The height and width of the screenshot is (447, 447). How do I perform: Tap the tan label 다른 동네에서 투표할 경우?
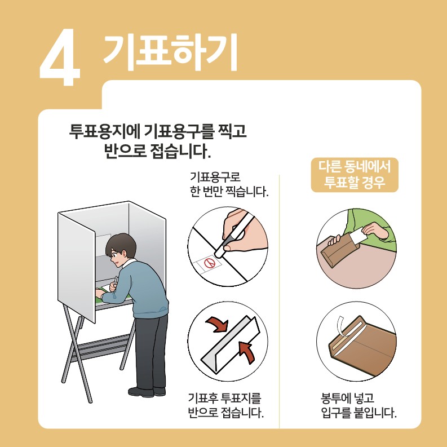click(355, 175)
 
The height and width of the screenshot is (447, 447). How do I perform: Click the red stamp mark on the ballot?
click(209, 262)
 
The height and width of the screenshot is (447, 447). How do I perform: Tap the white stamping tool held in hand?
click(236, 231)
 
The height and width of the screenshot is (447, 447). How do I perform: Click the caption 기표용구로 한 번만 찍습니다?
click(228, 184)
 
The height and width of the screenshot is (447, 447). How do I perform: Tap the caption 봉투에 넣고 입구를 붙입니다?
click(355, 405)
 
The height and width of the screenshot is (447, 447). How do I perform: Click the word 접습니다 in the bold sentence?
click(182, 151)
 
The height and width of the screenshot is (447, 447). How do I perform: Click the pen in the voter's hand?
click(116, 280)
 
